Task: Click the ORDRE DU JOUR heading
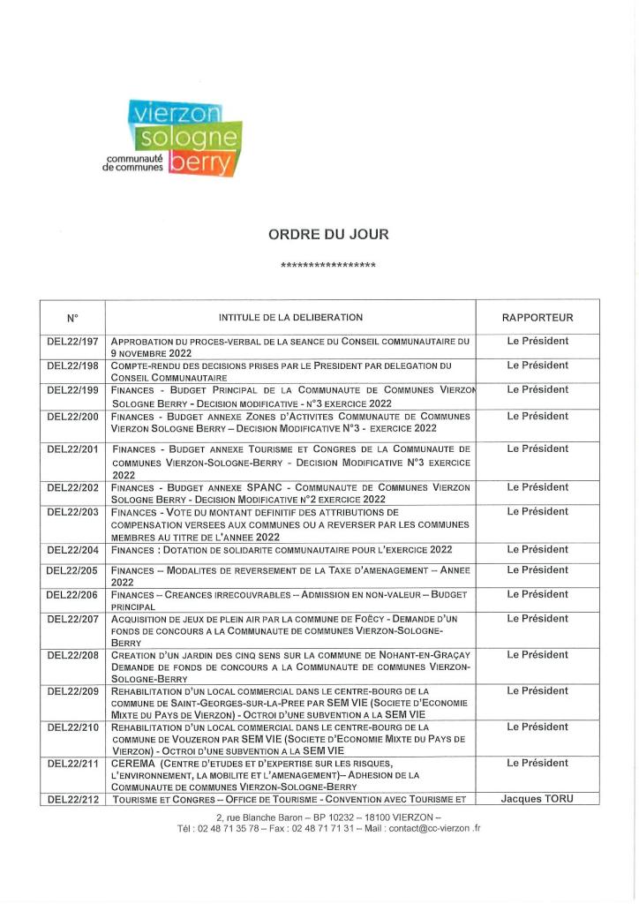(327, 235)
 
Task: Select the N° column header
(73, 318)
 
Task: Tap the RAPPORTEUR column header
(537, 318)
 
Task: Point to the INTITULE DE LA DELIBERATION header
(290, 318)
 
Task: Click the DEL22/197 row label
(73, 341)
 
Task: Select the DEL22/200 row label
(73, 417)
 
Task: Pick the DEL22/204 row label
(73, 550)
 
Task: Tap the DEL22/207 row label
(73, 619)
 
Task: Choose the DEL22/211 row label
(73, 763)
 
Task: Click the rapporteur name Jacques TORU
(537, 799)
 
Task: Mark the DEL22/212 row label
(73, 800)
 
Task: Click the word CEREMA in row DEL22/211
(133, 763)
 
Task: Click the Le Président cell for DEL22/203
(537, 511)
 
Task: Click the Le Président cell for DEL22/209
(537, 690)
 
